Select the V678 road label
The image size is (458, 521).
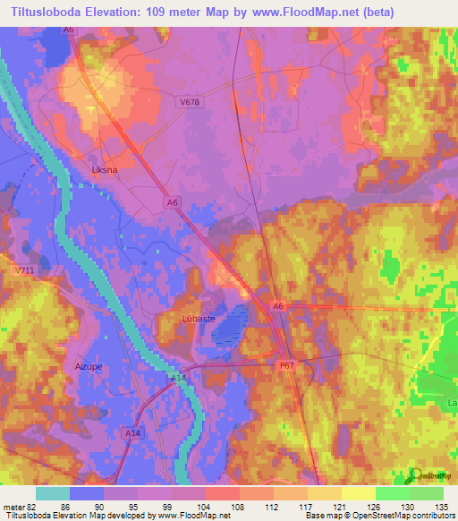(189, 103)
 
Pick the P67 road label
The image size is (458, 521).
(286, 366)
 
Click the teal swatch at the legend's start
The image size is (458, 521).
(52, 493)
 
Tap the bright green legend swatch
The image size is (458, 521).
(392, 493)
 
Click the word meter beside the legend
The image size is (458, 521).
(12, 506)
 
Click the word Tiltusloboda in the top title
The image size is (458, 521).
(49, 13)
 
